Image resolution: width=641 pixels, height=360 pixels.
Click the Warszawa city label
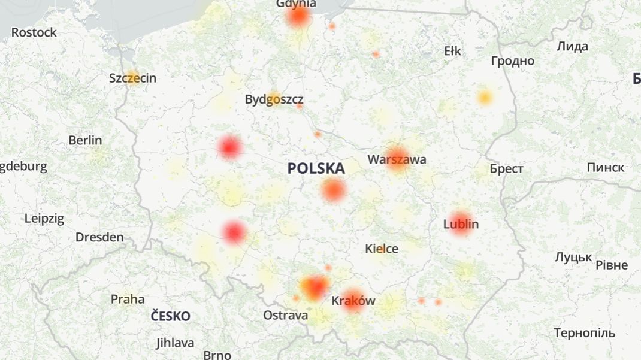397,159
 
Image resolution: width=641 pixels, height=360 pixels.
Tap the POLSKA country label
316,168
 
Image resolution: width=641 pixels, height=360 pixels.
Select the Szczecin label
132,78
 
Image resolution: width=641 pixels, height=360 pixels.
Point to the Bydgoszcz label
274,99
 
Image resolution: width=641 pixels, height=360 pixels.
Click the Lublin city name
461,225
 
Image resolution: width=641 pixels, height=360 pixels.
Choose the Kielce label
382,248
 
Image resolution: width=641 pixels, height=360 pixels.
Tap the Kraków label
353,300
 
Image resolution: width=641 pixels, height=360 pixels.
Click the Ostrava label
286,315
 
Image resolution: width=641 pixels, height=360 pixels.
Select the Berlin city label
85,140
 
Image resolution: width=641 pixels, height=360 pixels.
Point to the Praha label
127,298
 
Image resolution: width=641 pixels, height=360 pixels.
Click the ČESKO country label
170,316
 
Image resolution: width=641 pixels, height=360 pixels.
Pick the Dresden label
99,237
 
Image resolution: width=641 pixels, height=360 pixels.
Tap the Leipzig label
44,219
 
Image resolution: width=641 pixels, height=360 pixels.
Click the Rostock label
34,32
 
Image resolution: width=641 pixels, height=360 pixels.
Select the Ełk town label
452,51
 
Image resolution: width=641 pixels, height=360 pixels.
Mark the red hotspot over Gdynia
298,16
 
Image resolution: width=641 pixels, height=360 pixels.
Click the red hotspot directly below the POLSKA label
333,190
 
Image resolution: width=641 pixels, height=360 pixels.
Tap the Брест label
506,169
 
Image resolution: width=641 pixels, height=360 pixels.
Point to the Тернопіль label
584,333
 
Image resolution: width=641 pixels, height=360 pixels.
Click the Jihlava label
175,343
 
